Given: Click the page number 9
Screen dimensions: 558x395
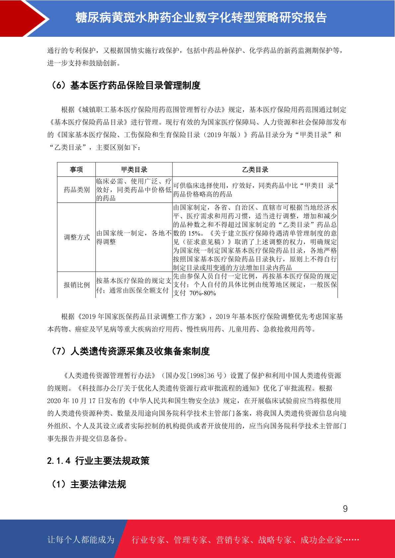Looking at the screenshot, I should tap(345, 509).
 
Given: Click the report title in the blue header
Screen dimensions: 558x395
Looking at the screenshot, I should tap(201, 18).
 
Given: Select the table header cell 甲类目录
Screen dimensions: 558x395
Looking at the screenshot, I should tap(134, 170).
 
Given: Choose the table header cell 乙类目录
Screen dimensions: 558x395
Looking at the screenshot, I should tap(255, 170).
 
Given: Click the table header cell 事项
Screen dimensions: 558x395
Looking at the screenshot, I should tap(76, 170).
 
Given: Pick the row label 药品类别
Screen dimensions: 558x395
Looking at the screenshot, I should tap(77, 190).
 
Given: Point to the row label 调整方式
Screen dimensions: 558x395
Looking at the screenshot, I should tap(77, 237).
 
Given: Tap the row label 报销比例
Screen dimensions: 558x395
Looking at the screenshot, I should tap(77, 285).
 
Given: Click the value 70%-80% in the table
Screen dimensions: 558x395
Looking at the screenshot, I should tap(203, 293).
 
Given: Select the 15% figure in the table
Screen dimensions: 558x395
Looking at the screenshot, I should tap(194, 233).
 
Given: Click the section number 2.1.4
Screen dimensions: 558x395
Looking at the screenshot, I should tap(59, 461).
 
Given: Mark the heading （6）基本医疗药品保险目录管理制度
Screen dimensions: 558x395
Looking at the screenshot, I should tap(125, 85).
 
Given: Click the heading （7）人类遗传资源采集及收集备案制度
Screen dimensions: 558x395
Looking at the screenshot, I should tap(130, 351).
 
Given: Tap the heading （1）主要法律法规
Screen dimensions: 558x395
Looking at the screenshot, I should tap(88, 484).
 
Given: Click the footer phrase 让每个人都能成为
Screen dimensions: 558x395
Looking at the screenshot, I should tap(81, 540).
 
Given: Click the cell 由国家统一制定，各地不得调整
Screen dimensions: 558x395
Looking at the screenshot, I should tap(134, 237).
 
